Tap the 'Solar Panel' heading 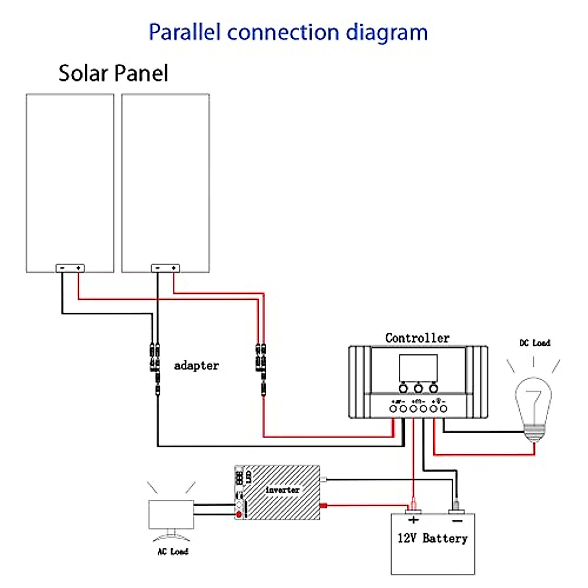pos(113,73)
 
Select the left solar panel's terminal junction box pos(70,268)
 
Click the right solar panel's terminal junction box pos(165,268)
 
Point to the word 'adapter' pos(196,366)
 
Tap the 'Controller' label pos(417,338)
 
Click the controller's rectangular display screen pos(418,368)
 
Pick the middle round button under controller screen pos(418,389)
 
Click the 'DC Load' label pos(535,343)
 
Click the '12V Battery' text pos(432,539)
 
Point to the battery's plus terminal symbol pos(413,520)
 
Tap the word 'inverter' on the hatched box pos(282,490)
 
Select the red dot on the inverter pos(239,514)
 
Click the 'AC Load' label pos(172,552)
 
